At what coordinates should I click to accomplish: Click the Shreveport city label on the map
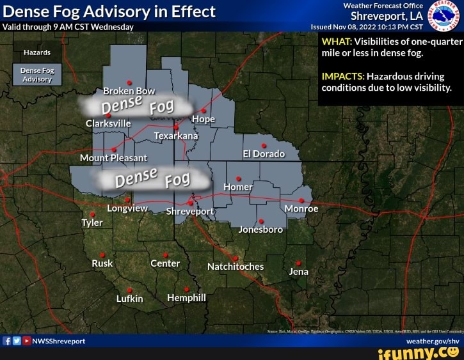click(x=190, y=212)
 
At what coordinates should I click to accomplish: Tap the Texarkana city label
click(x=177, y=136)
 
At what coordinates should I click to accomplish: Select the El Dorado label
click(x=264, y=154)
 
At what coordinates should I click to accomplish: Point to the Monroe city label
click(x=301, y=208)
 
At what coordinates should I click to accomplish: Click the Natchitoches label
click(x=236, y=266)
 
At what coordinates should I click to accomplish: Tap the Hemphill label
click(x=186, y=297)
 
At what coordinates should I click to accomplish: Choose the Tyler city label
click(x=92, y=223)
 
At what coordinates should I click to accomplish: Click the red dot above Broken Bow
click(x=129, y=82)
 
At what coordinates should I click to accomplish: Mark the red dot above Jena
click(x=299, y=263)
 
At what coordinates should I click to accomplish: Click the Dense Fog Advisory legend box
click(x=37, y=75)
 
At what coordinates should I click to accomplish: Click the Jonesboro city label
click(x=260, y=229)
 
